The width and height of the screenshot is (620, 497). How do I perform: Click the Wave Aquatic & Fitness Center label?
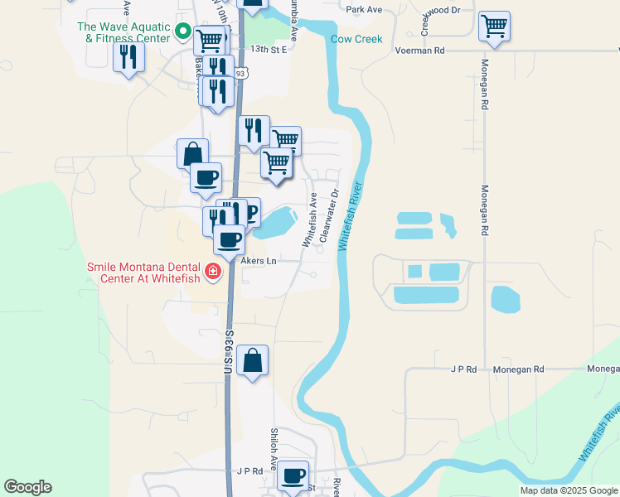[x=124, y=31]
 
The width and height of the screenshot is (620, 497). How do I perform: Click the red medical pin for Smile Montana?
[x=213, y=272]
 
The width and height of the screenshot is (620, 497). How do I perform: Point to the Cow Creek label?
[x=356, y=39]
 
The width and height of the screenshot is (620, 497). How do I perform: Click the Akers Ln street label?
[x=258, y=260]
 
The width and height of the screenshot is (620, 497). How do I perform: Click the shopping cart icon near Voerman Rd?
[x=494, y=26]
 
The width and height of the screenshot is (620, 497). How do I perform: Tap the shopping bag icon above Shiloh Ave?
[x=253, y=360]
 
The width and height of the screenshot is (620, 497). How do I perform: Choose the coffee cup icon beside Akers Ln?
[x=230, y=240]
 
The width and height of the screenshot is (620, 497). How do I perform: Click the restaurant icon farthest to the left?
[x=128, y=56]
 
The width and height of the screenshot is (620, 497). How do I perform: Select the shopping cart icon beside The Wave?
[x=209, y=38]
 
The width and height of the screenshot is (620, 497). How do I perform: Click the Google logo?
[x=27, y=487]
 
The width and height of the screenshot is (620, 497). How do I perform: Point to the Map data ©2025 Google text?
[x=569, y=490]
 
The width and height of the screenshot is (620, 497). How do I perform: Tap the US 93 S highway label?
[x=228, y=352]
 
